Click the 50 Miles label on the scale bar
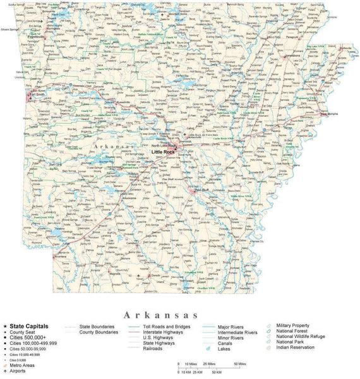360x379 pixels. pyautogui.click(x=240, y=364)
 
